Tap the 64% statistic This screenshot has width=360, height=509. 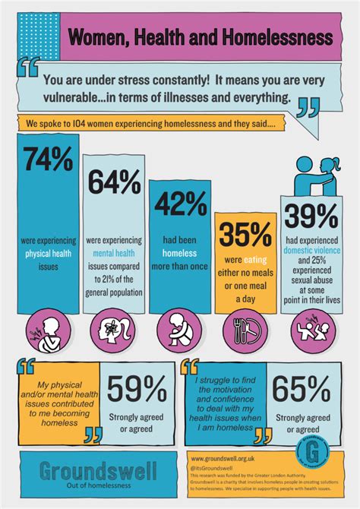pyautogui.click(x=114, y=182)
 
